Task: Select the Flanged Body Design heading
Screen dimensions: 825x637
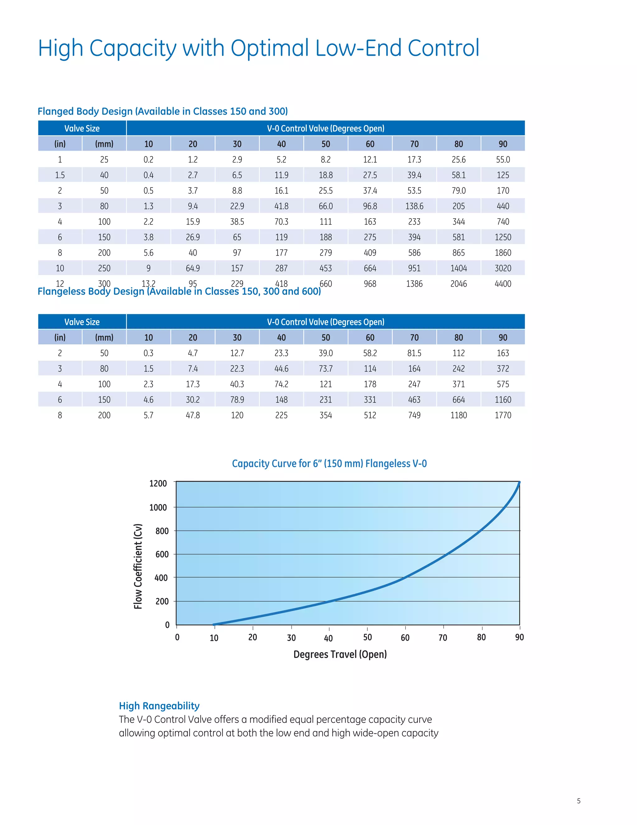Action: [x=163, y=111]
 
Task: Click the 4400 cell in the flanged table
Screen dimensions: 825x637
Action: [x=503, y=284]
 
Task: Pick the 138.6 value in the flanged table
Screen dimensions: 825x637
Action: [x=414, y=206]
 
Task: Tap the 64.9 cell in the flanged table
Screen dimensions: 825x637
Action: [x=193, y=268]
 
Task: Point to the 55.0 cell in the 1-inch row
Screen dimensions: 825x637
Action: [x=503, y=159]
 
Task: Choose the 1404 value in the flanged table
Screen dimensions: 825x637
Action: [x=458, y=268]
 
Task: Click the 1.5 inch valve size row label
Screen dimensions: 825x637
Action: [x=60, y=175]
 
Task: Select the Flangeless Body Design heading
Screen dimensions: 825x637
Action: [x=179, y=292]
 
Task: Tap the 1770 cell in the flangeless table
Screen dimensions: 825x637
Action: [x=503, y=415]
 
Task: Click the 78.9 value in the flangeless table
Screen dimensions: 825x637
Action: [x=237, y=400]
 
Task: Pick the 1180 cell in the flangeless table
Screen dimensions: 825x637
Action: [x=458, y=415]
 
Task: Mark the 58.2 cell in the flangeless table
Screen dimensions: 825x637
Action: [x=370, y=353]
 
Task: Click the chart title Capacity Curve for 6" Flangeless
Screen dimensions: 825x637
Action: [x=329, y=464]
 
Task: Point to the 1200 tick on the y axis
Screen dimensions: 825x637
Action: [x=158, y=483]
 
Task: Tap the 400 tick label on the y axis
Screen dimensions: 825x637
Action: [x=161, y=578]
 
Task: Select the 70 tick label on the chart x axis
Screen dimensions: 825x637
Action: [x=443, y=638]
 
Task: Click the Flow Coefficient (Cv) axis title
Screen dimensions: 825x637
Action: [x=138, y=566]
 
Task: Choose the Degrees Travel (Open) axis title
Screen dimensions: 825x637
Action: [x=340, y=654]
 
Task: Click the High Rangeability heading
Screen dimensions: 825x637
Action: [x=159, y=706]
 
